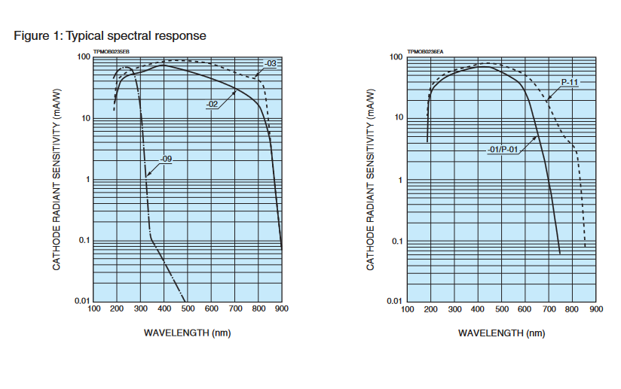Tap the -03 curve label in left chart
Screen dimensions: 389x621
tap(271, 63)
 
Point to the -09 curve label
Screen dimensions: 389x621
tap(167, 159)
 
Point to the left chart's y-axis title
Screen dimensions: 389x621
tap(57, 180)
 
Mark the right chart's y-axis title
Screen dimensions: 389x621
tap(371, 180)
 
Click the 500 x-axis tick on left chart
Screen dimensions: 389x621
tap(188, 308)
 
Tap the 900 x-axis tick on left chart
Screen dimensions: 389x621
tap(282, 308)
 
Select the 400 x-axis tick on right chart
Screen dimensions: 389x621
tap(478, 308)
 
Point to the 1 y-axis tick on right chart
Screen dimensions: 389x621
tap(400, 180)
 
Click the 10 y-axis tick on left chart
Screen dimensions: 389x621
tap(85, 119)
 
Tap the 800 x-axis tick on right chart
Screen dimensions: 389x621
tap(572, 308)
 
